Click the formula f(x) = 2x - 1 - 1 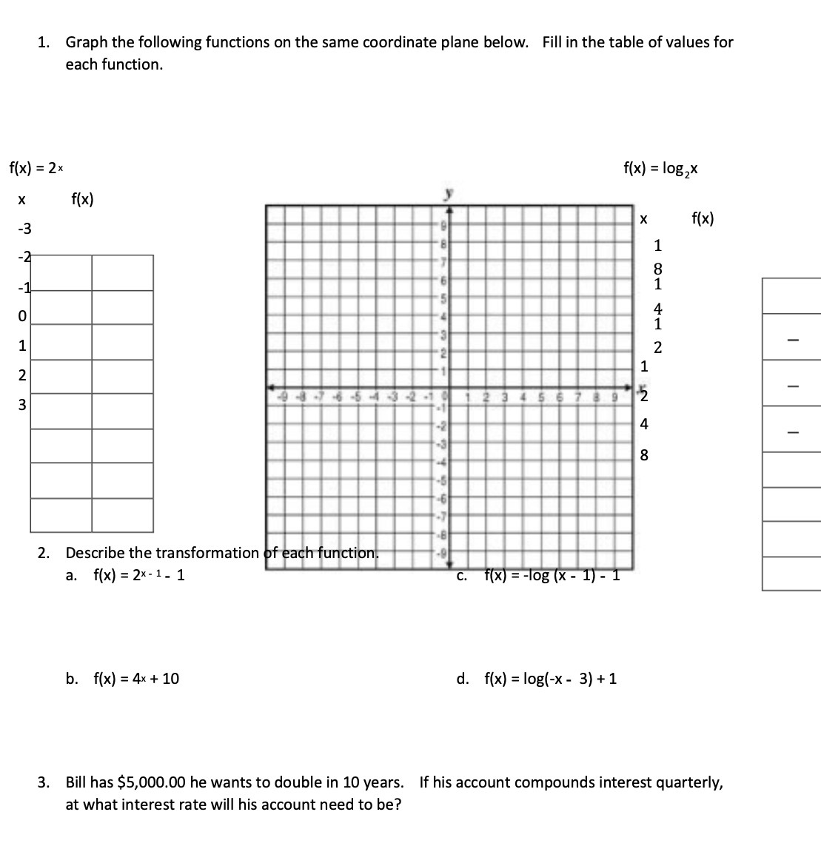[138, 575]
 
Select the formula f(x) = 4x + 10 [135, 679]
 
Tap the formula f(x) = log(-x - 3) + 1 [551, 679]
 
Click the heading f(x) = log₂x [661, 169]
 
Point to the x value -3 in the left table [22, 228]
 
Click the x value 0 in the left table [22, 316]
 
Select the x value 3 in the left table [22, 405]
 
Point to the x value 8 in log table [643, 455]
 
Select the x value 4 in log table [643, 424]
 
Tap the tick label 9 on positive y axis [444, 225]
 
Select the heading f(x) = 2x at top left [35, 168]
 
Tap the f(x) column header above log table [703, 218]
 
